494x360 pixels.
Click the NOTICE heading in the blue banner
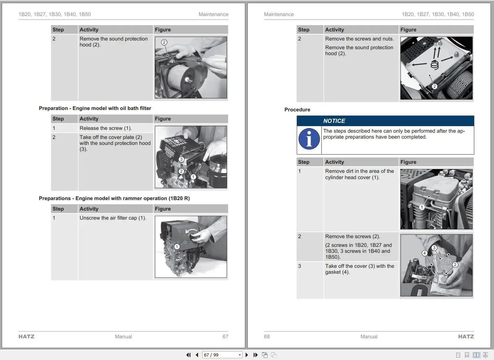[334, 121]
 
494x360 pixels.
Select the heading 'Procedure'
[297, 110]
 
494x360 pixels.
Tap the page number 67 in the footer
[225, 337]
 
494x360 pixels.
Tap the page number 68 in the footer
[267, 337]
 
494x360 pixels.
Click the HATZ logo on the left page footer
[27, 337]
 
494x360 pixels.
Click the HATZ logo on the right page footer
[466, 337]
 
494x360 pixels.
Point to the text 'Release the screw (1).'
[106, 128]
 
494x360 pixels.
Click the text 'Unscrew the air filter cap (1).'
[113, 218]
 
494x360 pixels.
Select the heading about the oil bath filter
[95, 108]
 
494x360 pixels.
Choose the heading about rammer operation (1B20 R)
[114, 198]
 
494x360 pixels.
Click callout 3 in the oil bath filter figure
[181, 159]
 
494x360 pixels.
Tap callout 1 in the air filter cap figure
[177, 247]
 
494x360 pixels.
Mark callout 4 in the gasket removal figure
[424, 253]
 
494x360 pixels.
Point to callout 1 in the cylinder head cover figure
[422, 207]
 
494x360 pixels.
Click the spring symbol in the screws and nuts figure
[434, 65]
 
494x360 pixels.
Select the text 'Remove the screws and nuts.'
[359, 39]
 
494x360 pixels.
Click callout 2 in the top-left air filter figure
[164, 42]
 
